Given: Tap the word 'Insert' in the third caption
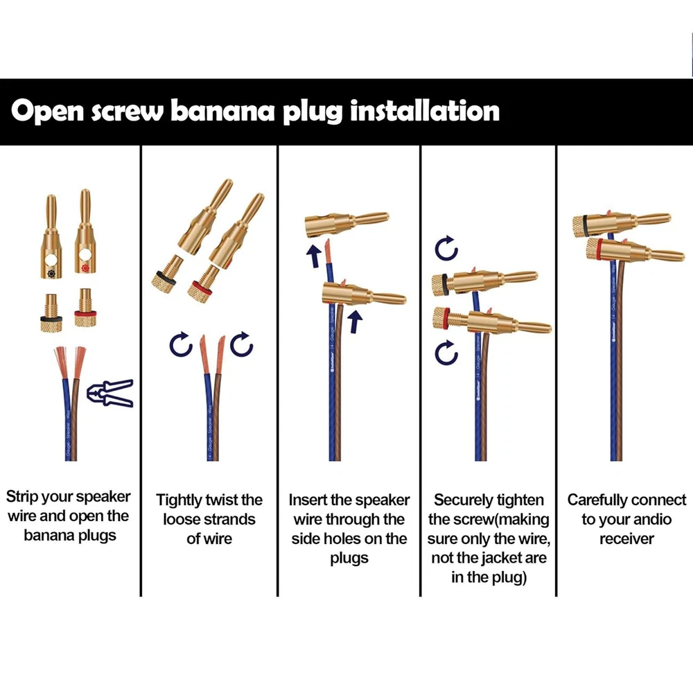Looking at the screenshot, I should coord(310,500).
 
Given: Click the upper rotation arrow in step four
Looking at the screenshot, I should coord(446,247).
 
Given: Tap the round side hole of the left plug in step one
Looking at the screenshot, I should coord(51,263).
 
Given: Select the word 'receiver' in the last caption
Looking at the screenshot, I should coord(626,539).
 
